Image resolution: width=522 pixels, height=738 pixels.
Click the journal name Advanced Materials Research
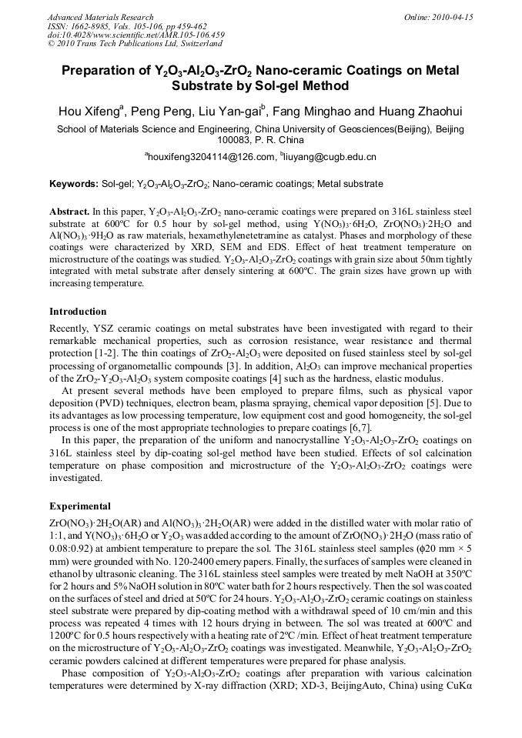(x=100, y=17)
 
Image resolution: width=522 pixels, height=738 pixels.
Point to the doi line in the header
(x=136, y=35)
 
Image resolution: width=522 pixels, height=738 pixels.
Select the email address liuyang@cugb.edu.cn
(x=330, y=157)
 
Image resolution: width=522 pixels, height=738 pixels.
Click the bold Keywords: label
(x=74, y=185)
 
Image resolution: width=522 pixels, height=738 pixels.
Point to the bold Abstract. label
(x=69, y=211)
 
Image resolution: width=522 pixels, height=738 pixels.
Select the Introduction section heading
(x=78, y=312)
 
